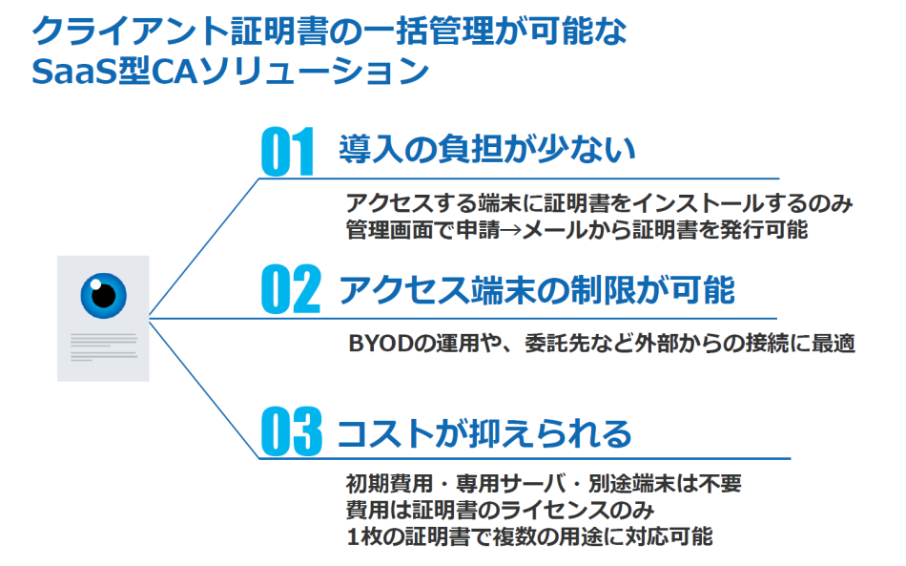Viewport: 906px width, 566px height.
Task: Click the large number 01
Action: pyautogui.click(x=287, y=152)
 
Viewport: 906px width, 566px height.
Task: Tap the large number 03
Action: pyautogui.click(x=291, y=431)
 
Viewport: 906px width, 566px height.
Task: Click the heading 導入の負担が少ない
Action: pyautogui.click(x=486, y=149)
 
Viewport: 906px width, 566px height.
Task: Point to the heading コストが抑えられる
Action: pyautogui.click(x=485, y=432)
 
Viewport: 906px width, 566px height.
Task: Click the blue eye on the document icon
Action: pyautogui.click(x=103, y=293)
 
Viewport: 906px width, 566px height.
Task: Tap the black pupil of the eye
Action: pyautogui.click(x=104, y=291)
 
